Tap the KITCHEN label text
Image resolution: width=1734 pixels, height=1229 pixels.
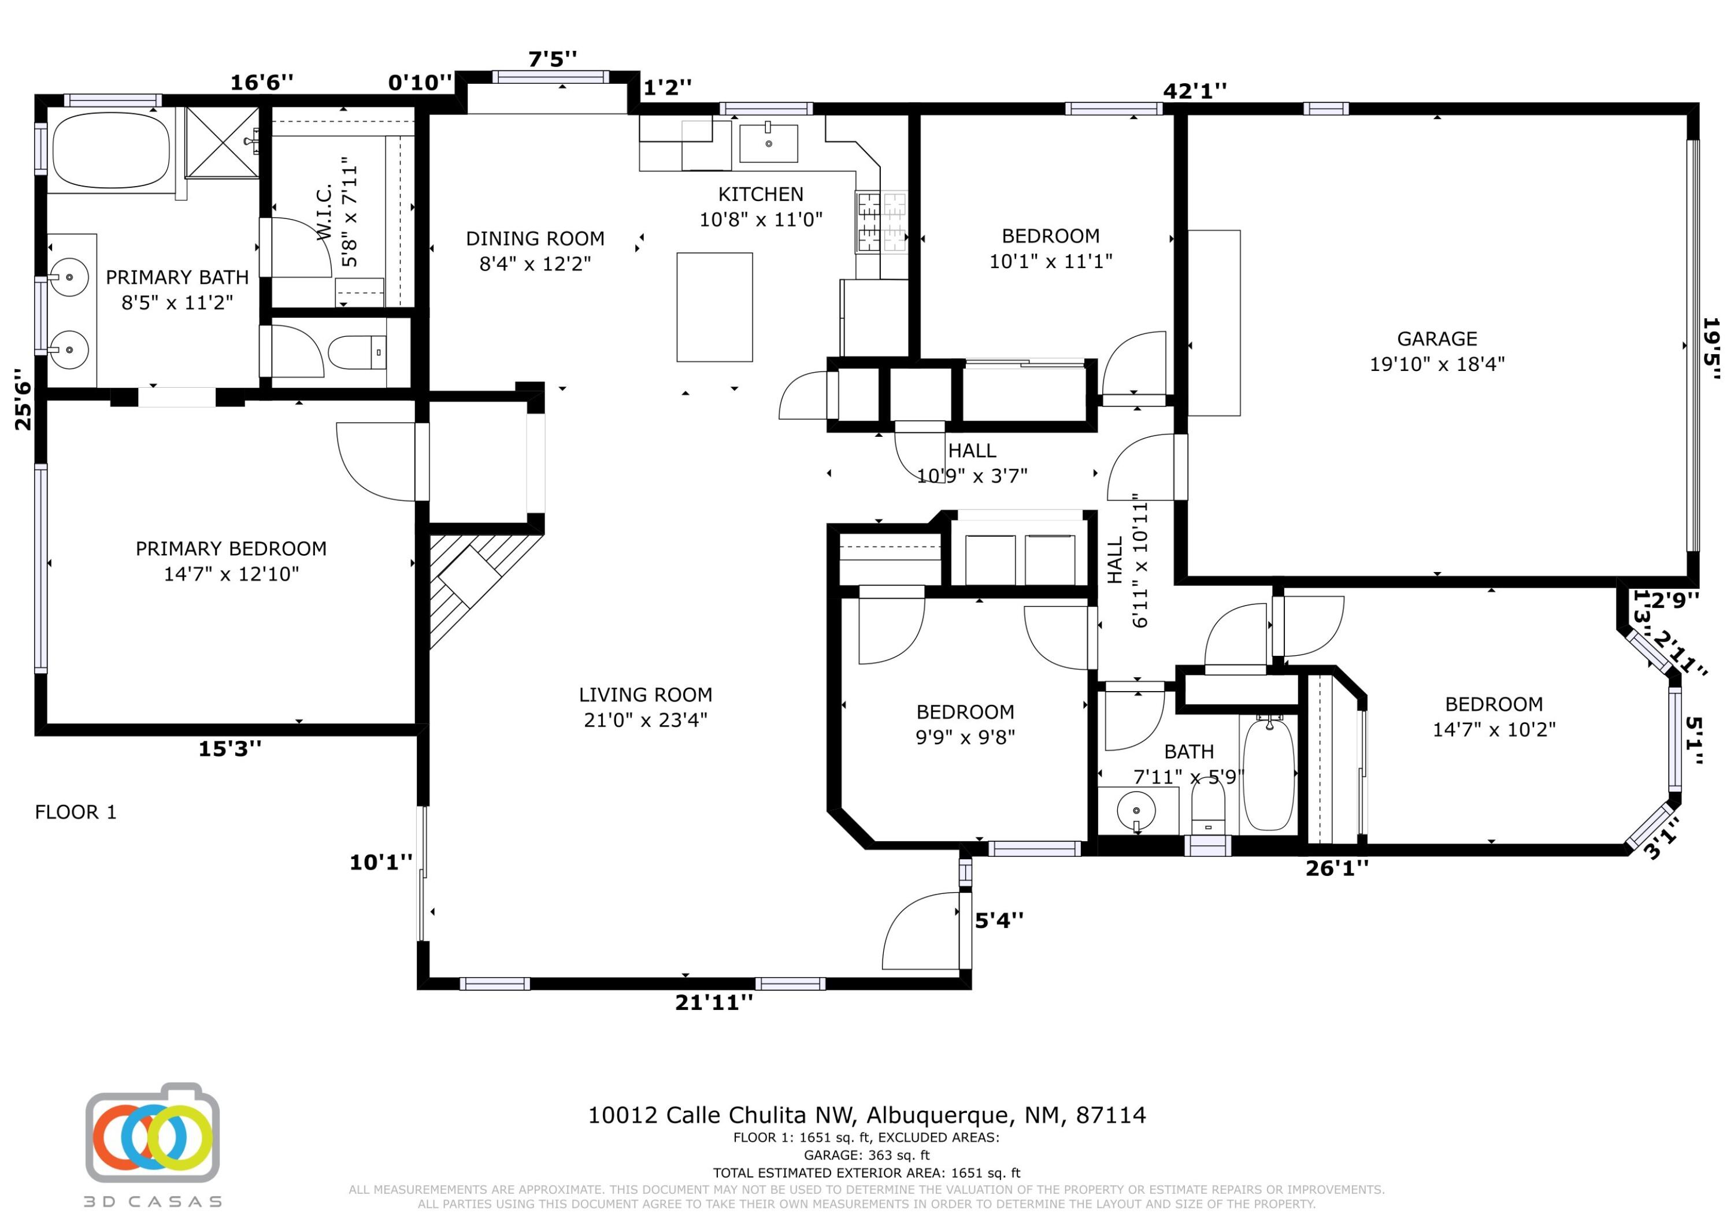(761, 195)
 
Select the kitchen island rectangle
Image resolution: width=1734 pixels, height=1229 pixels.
(714, 307)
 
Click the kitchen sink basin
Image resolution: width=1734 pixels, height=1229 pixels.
(768, 144)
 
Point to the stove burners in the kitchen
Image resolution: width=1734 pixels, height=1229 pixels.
(882, 222)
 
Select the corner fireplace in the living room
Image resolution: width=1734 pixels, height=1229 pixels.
(477, 587)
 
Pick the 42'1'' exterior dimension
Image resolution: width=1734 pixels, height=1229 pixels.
(1194, 91)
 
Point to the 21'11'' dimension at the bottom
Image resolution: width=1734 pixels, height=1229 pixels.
(714, 1002)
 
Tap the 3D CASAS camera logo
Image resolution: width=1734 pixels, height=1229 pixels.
(152, 1133)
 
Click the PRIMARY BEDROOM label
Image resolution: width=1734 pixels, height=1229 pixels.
(231, 549)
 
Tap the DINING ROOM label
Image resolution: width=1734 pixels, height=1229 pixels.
(535, 239)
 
